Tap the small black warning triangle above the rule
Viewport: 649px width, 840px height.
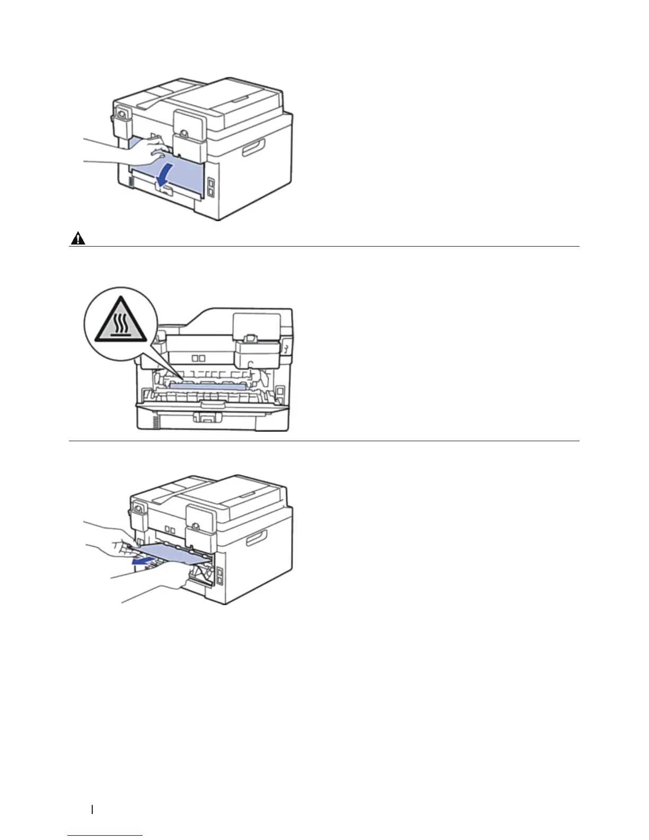click(78, 240)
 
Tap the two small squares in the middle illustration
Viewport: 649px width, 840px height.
click(198, 358)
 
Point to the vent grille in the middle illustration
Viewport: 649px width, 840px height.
click(156, 422)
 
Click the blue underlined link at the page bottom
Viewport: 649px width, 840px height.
click(106, 836)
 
